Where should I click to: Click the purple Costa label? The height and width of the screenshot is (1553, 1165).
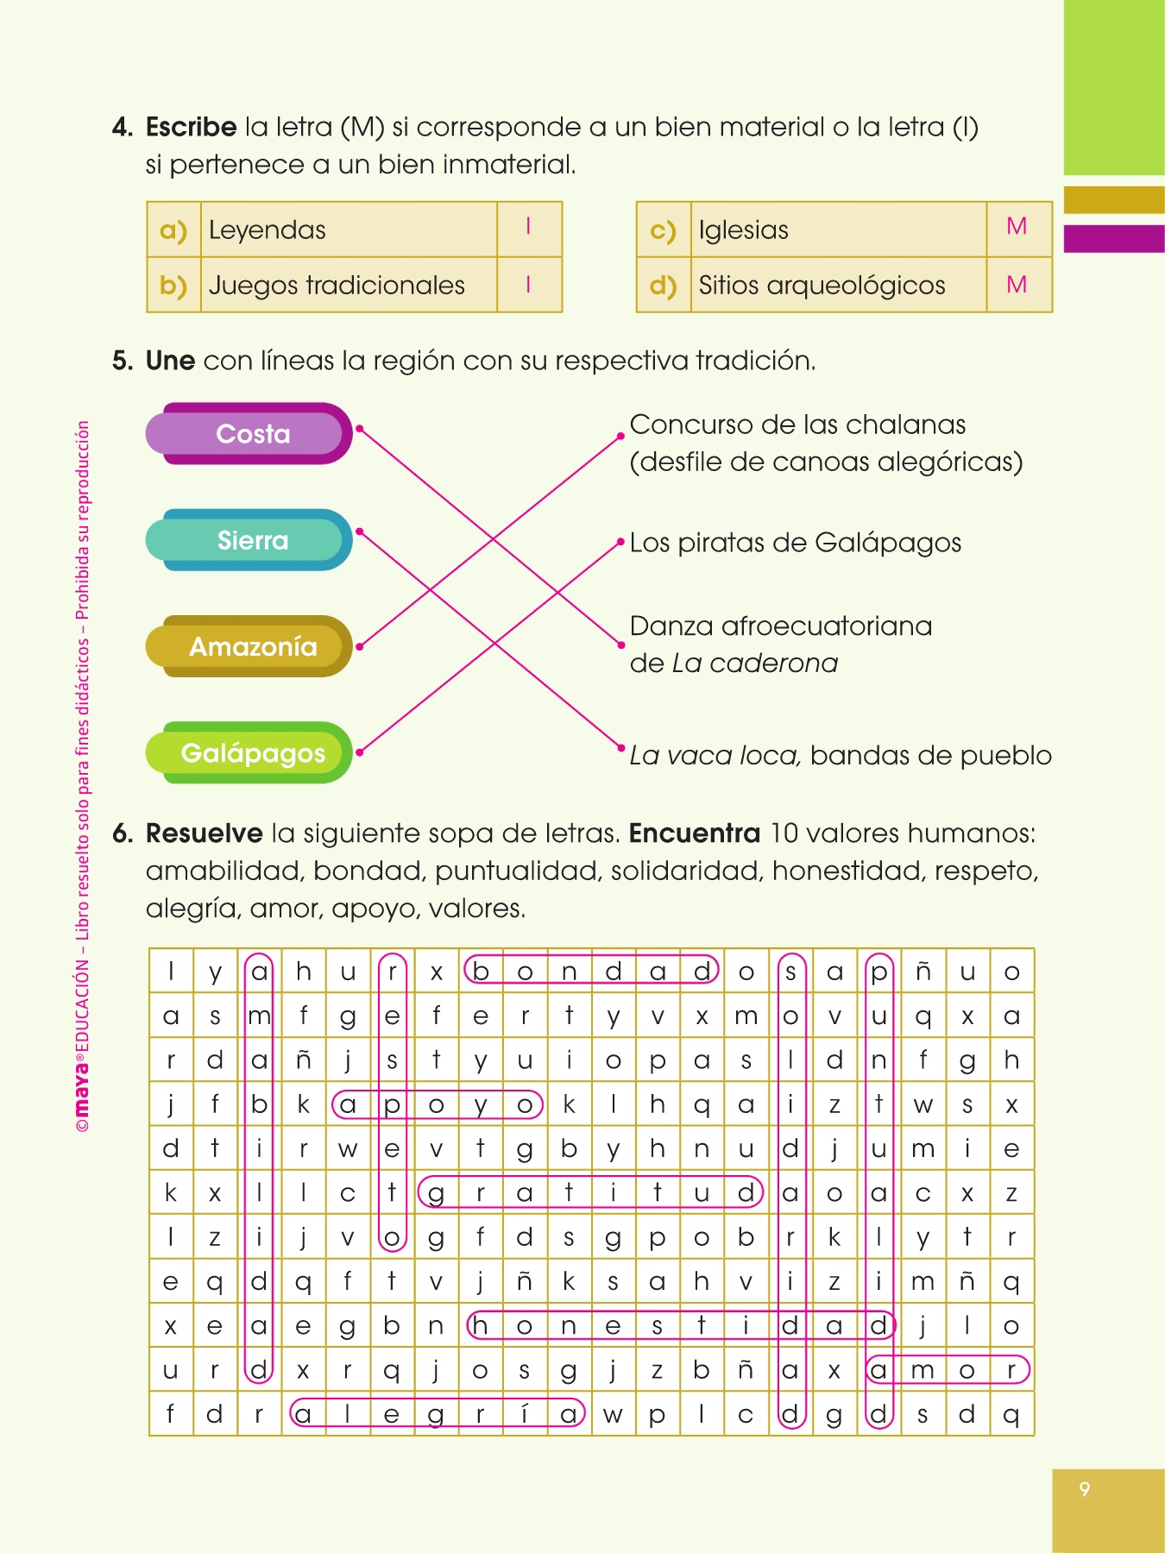(250, 433)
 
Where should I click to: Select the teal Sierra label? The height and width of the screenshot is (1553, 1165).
(250, 540)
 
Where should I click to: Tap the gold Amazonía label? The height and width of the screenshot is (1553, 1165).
(250, 646)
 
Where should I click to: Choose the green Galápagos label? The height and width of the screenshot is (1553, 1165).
(250, 753)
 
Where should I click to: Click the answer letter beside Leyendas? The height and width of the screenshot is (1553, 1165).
(528, 227)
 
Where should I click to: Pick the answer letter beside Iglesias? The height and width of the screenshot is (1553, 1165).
(1017, 227)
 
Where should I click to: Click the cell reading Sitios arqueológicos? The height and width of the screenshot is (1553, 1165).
(822, 286)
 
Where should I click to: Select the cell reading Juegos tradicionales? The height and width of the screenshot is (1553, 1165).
(337, 286)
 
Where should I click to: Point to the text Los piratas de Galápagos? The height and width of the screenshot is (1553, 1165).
(795, 543)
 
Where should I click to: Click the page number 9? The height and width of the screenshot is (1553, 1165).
(1085, 1488)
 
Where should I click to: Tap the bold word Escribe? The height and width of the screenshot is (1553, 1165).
(191, 127)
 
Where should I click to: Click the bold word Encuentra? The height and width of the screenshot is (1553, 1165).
(694, 833)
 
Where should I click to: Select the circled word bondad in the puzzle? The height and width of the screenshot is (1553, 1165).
(591, 971)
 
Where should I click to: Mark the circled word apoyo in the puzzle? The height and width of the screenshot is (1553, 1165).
(437, 1104)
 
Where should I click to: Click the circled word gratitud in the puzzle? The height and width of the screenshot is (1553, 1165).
(591, 1192)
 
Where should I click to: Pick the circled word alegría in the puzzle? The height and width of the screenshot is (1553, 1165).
(437, 1413)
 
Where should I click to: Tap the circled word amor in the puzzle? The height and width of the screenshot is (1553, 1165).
(948, 1370)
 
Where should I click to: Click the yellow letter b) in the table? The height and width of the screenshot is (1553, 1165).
(173, 286)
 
